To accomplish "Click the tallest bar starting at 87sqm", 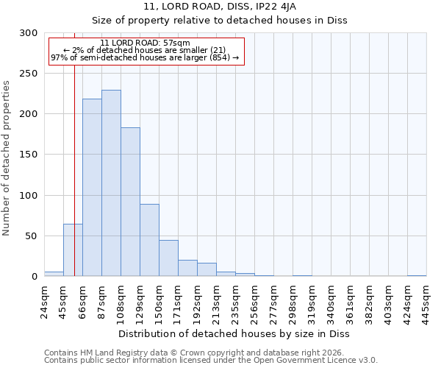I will (x=111, y=183).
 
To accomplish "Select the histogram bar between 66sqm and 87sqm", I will (x=92, y=188).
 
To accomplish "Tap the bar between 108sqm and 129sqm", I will (x=130, y=202).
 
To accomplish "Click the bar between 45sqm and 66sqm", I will (x=73, y=250).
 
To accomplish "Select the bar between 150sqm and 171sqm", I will (x=168, y=258).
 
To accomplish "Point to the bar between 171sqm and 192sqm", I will (x=187, y=268).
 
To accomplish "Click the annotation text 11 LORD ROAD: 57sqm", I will (x=145, y=43).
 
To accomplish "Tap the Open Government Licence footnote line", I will (x=211, y=361).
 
